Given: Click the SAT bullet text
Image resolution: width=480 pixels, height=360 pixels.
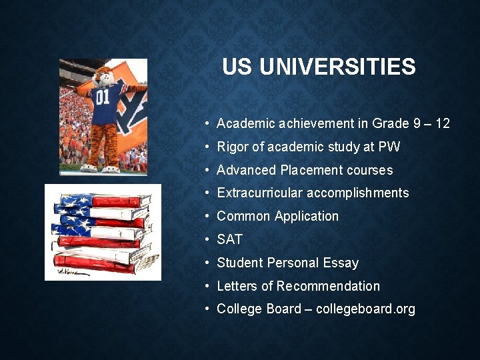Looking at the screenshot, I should (x=230, y=239).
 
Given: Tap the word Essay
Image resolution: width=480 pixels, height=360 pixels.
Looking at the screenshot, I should (x=340, y=263).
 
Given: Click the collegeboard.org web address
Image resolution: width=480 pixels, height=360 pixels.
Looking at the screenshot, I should (x=365, y=309).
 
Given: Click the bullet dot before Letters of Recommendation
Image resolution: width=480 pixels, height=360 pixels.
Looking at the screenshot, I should (x=209, y=286).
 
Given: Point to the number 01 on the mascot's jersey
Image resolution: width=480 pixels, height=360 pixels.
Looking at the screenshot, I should (x=103, y=97).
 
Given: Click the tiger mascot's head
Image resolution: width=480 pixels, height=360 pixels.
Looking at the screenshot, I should (x=103, y=75).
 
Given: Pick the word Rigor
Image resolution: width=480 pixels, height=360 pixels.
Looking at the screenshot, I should (x=233, y=147).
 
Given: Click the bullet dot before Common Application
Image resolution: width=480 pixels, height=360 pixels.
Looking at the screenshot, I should (x=209, y=216).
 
